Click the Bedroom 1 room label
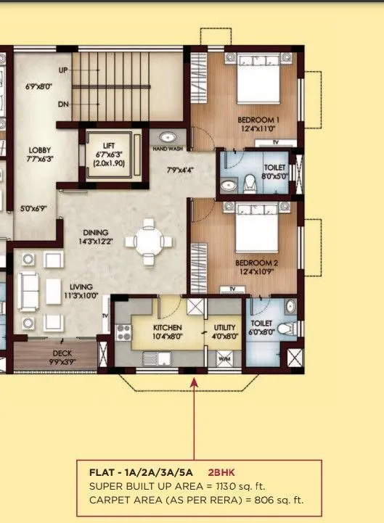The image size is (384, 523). pos(258,120)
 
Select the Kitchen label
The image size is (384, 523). pos(166,328)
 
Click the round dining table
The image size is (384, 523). pos(150,241)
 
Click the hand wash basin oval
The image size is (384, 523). pos(167,136)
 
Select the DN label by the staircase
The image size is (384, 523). pos(63,104)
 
